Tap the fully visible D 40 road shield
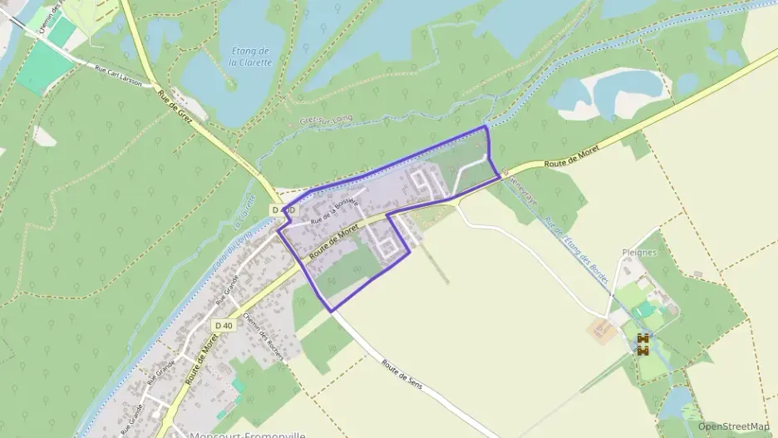(222, 325)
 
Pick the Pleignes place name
(640, 252)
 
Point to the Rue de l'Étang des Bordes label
(577, 252)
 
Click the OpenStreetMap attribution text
(734, 426)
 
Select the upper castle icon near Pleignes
(643, 338)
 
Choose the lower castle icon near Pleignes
(643, 351)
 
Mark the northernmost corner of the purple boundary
(485, 126)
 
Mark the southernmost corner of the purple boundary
(332, 311)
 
